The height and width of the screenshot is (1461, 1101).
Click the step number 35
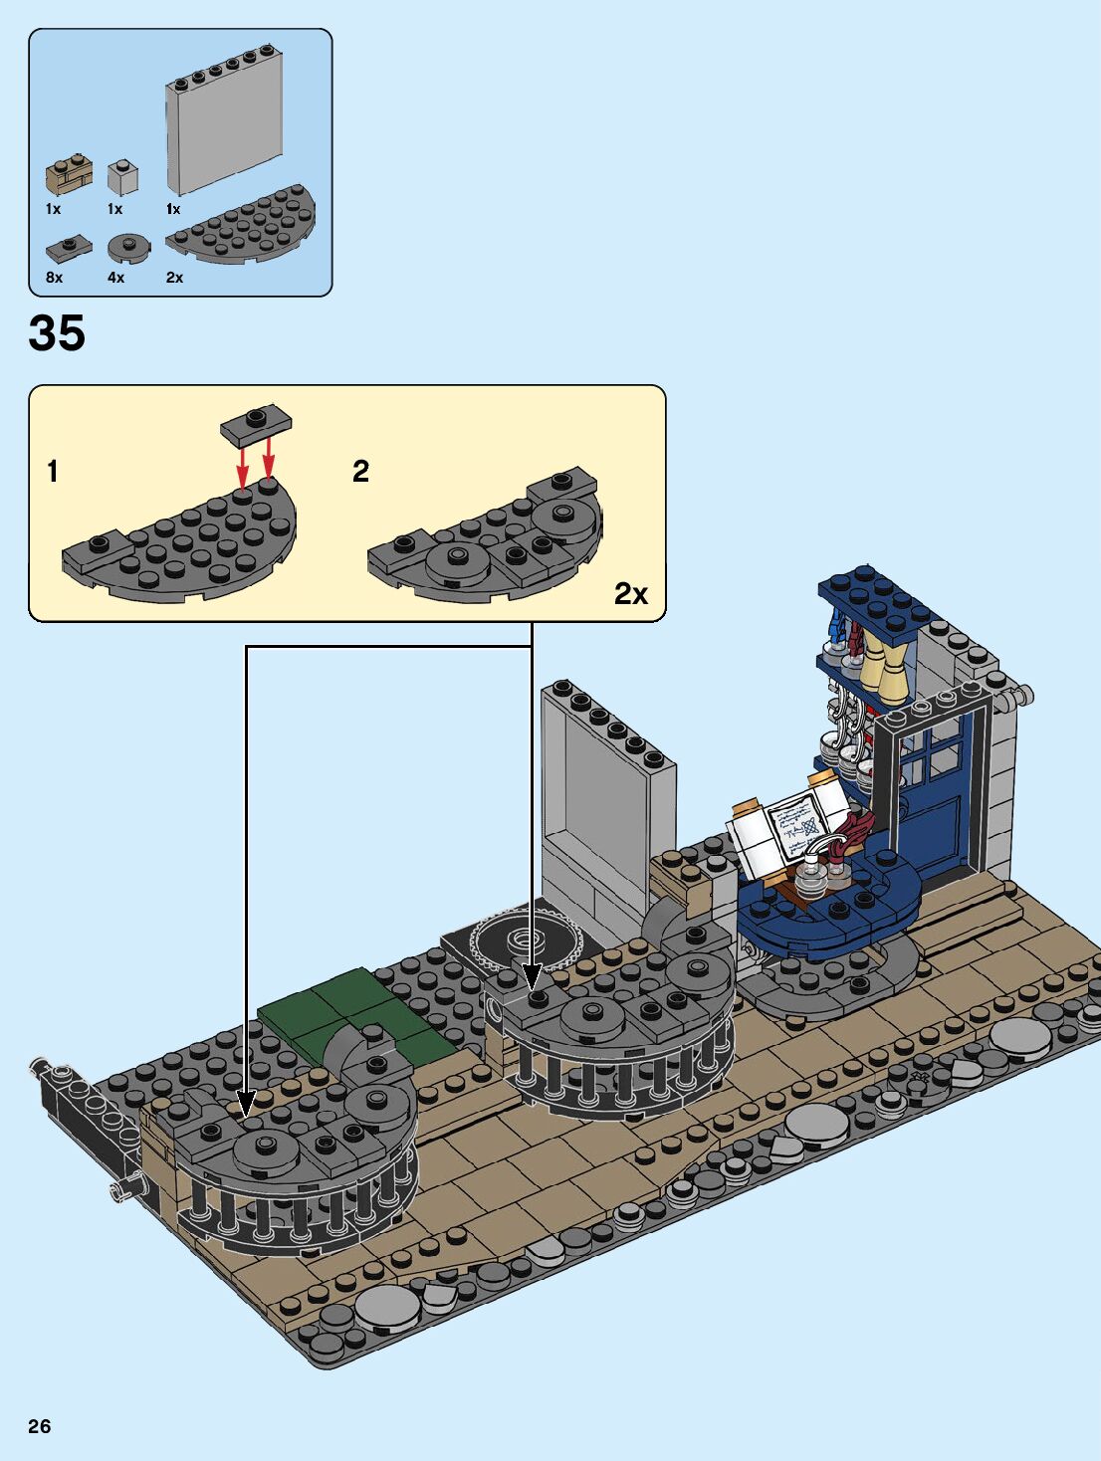tap(57, 333)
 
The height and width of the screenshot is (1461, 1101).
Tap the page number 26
tap(39, 1426)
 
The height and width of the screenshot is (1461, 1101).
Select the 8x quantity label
tap(54, 278)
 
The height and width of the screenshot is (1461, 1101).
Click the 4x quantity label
tap(115, 278)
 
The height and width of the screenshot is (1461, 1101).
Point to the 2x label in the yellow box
tap(630, 594)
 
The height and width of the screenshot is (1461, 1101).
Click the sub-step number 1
tap(53, 471)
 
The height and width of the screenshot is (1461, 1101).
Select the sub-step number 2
tap(360, 471)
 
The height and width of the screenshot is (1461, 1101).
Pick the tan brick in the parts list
tap(69, 176)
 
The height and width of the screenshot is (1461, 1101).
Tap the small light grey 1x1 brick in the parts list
tap(122, 177)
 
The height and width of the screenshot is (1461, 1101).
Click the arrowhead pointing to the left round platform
tap(246, 1102)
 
